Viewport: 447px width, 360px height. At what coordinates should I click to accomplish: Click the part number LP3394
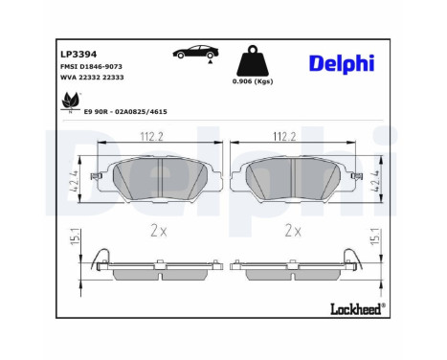click(x=78, y=55)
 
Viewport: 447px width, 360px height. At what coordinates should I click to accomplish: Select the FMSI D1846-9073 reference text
click(x=91, y=66)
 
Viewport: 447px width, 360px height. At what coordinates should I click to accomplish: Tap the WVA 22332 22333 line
click(x=92, y=78)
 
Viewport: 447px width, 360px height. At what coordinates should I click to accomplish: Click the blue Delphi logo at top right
click(x=342, y=64)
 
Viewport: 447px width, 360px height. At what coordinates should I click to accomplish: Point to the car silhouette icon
click(x=196, y=52)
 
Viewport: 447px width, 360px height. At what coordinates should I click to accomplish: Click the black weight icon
click(x=253, y=60)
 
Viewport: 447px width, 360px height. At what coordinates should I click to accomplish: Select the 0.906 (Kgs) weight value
click(x=253, y=81)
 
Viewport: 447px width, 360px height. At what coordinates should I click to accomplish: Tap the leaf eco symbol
click(x=71, y=101)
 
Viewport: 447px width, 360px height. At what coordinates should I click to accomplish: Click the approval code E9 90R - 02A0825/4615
click(x=125, y=112)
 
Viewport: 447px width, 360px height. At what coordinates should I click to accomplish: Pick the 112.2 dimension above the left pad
click(x=152, y=137)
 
